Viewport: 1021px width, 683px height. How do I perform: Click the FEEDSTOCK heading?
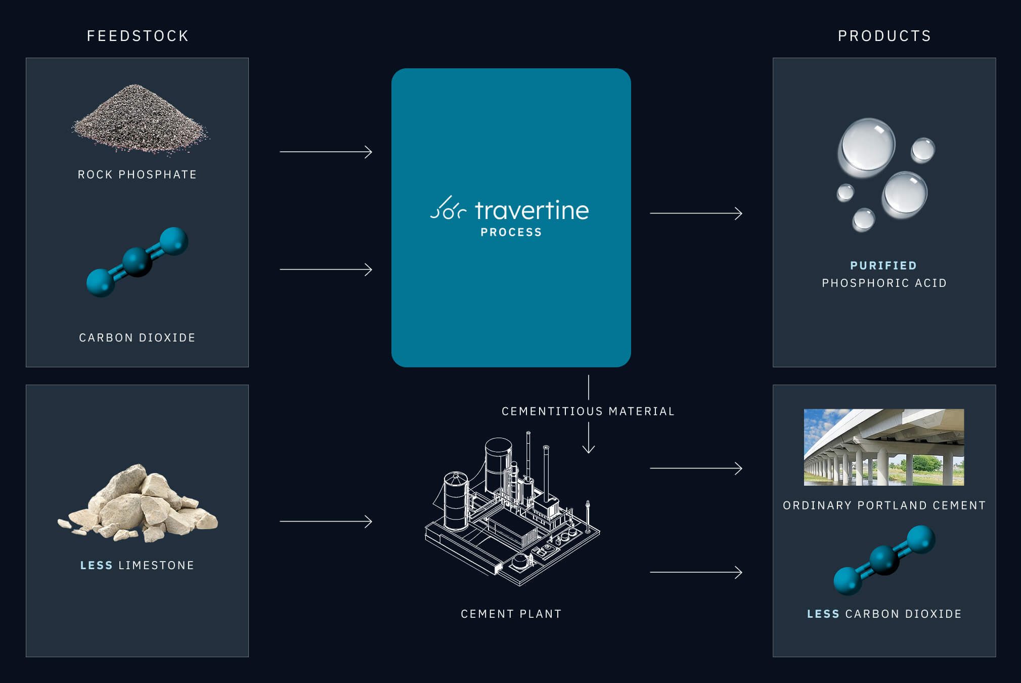(138, 36)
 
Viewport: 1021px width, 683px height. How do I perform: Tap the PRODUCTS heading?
(884, 36)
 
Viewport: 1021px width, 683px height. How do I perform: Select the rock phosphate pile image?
(139, 119)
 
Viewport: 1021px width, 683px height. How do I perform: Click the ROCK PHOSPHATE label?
(137, 175)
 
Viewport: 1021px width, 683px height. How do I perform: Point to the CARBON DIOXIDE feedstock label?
(137, 337)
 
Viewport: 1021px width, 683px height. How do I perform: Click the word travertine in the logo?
(531, 210)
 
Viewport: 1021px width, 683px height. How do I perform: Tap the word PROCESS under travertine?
(511, 232)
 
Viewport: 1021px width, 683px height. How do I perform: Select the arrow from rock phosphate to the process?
(326, 152)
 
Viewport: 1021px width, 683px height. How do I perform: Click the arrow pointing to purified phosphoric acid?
(696, 214)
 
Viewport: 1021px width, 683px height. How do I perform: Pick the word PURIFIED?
(883, 266)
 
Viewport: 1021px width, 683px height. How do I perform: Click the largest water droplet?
(867, 147)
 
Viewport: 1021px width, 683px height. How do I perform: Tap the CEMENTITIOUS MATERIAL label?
(588, 411)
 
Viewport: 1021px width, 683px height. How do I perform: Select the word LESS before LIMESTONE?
(96, 565)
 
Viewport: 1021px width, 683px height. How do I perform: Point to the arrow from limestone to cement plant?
(326, 521)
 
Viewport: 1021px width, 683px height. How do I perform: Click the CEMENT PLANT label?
(511, 614)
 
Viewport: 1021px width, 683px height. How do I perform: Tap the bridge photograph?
(883, 447)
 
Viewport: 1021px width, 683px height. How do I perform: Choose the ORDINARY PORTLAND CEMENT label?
(884, 505)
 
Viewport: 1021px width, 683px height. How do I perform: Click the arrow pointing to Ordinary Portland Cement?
(696, 468)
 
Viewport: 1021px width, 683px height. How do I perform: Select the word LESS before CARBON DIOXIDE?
(823, 614)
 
